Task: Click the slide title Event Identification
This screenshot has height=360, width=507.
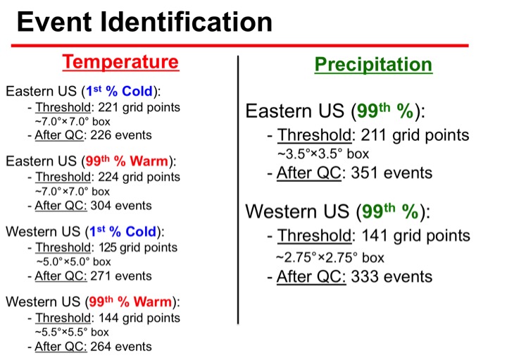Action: tap(144, 22)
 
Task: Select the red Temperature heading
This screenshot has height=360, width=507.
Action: tap(120, 61)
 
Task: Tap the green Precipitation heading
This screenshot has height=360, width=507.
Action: tap(373, 64)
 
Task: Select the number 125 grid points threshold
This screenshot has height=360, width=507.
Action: tap(108, 247)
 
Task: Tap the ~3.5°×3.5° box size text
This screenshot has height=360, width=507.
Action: tap(323, 154)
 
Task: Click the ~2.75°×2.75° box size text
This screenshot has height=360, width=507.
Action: tap(330, 258)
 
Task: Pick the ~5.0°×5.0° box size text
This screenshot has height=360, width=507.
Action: tap(73, 261)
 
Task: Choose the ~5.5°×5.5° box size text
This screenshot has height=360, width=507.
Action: tap(72, 333)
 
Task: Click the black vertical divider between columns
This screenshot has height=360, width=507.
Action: tap(238, 190)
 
